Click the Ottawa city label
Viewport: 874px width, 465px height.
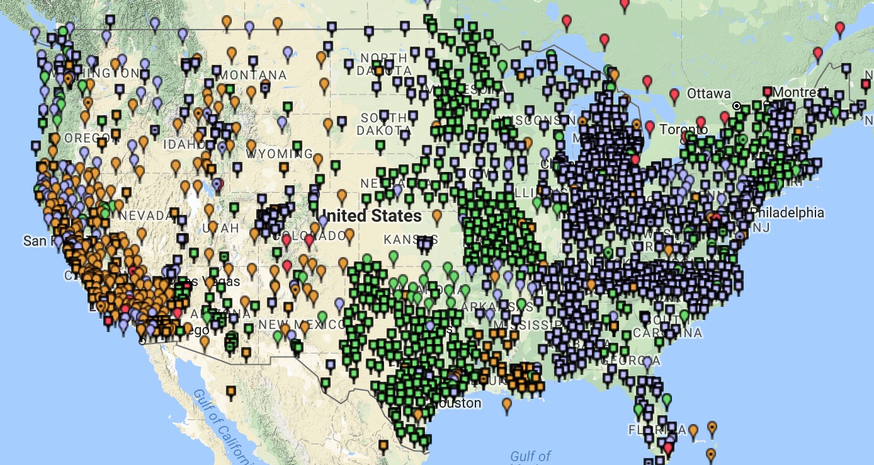pyautogui.click(x=708, y=94)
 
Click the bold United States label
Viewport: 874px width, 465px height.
pyautogui.click(x=372, y=216)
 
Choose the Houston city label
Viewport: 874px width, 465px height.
pyautogui.click(x=454, y=403)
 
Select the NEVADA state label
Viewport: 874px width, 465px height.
pyautogui.click(x=142, y=216)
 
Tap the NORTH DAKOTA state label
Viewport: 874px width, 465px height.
pyautogui.click(x=383, y=64)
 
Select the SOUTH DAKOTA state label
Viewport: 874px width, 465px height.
pyautogui.click(x=383, y=124)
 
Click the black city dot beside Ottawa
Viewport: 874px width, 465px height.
pyautogui.click(x=736, y=105)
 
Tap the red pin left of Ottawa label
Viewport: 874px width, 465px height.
pyautogui.click(x=674, y=95)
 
